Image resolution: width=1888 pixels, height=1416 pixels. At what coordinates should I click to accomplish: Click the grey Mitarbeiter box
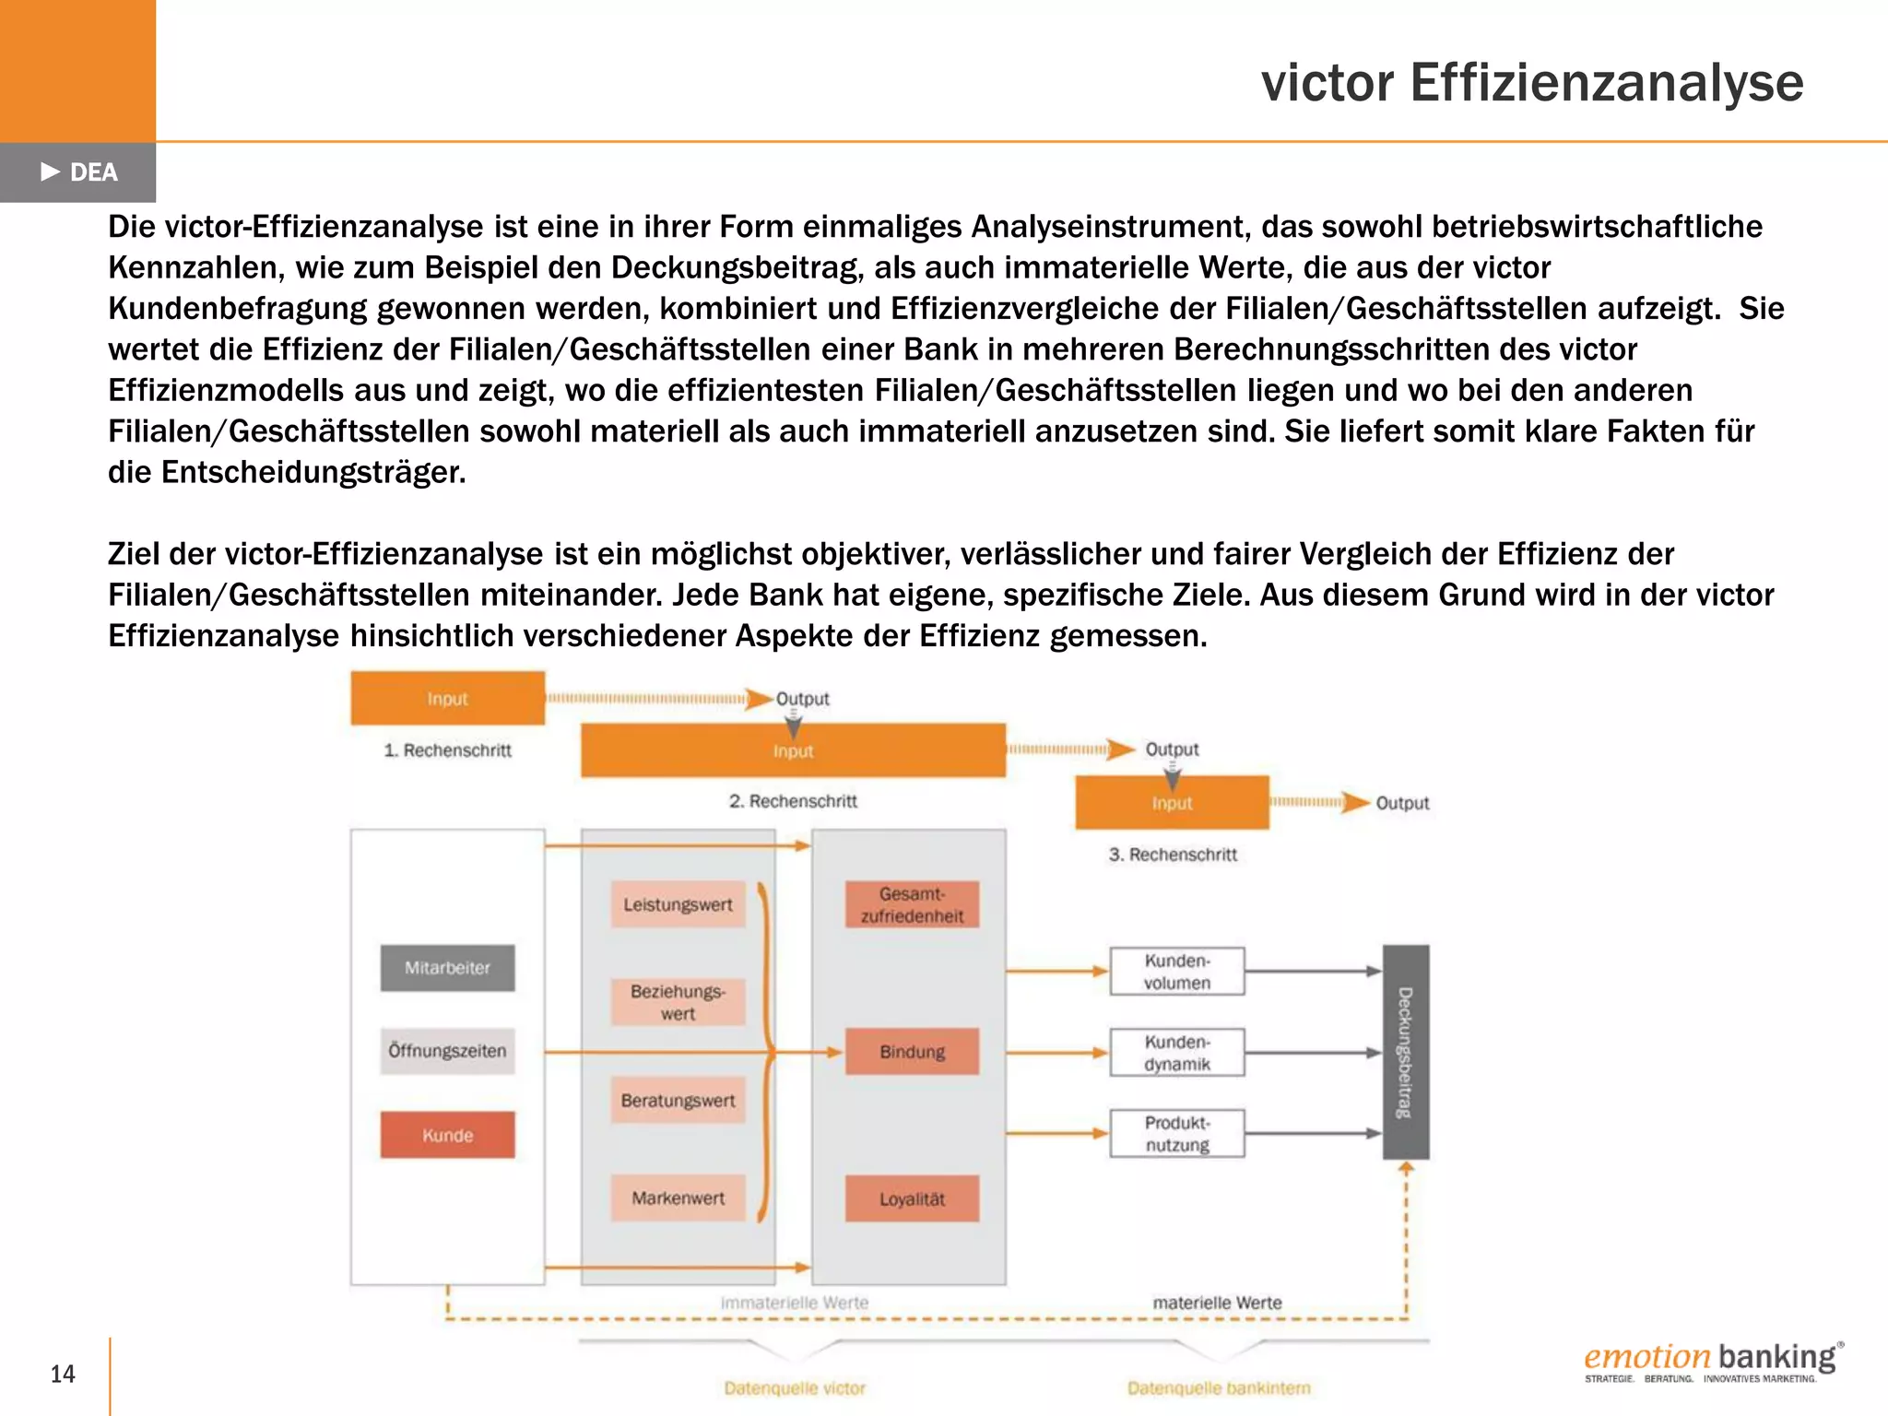click(447, 968)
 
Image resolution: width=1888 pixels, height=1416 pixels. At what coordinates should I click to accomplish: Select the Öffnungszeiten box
click(447, 1051)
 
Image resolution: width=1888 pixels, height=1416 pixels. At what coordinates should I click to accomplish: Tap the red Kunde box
click(447, 1135)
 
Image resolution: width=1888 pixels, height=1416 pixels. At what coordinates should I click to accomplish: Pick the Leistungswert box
click(678, 904)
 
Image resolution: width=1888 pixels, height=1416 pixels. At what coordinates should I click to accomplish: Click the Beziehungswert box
click(678, 1002)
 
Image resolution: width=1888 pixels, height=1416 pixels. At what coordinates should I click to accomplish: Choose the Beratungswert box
click(678, 1101)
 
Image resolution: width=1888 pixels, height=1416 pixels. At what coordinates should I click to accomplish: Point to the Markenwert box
click(678, 1198)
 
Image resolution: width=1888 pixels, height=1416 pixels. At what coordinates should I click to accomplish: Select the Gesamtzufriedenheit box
click(912, 904)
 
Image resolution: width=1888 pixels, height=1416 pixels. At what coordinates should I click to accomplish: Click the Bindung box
click(912, 1052)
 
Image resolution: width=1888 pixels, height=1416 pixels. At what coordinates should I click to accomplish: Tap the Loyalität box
click(912, 1199)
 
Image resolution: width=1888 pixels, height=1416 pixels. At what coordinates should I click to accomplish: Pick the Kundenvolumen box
click(1177, 972)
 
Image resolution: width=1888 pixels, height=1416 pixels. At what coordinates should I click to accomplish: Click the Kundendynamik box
click(1177, 1053)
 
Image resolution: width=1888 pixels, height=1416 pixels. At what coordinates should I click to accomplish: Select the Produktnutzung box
click(1177, 1134)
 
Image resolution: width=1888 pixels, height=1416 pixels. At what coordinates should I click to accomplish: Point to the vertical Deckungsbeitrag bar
click(1406, 1052)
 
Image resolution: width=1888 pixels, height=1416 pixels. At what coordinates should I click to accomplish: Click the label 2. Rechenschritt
click(793, 801)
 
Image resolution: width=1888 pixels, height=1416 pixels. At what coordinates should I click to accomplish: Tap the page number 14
click(63, 1375)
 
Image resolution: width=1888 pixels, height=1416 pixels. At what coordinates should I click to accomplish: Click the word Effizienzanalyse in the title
click(1606, 83)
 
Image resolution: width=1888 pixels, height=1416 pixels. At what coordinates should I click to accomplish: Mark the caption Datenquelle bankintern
click(1219, 1388)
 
